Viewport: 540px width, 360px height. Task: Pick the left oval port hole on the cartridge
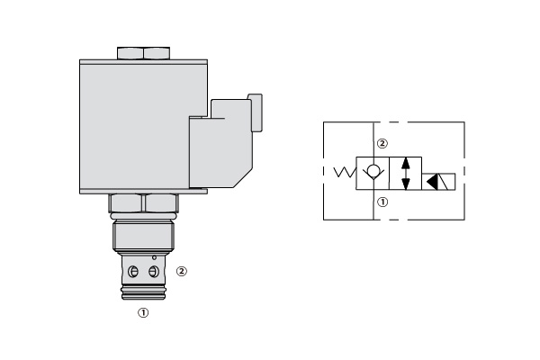133,272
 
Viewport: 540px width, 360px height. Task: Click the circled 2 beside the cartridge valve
182,270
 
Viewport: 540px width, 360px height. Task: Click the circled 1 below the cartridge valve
142,314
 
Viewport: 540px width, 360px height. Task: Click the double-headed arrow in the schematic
407,173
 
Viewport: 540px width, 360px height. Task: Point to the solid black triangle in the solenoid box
433,182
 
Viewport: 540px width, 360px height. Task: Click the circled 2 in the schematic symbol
382,143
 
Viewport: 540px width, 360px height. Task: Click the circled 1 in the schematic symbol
382,203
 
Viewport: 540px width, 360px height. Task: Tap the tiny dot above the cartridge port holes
154,258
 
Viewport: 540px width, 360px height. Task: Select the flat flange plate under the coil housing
144,191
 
